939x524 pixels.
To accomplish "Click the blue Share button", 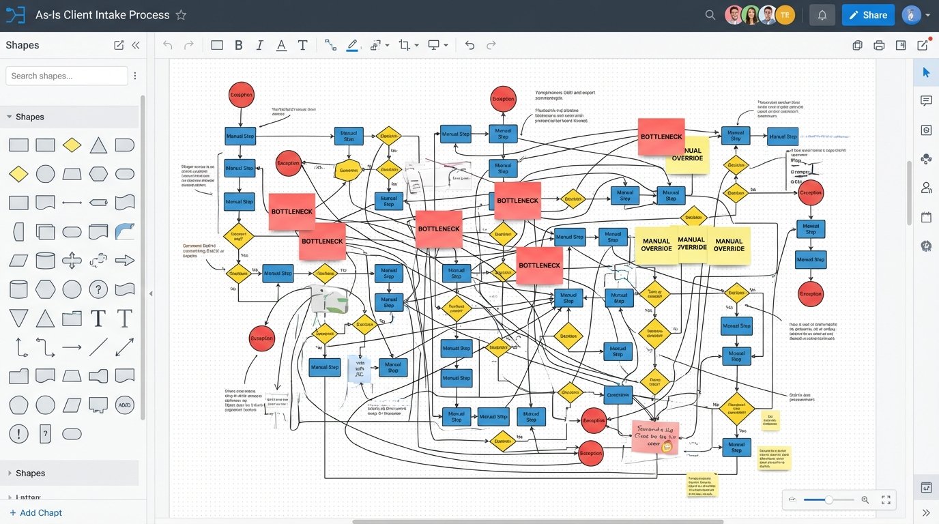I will tap(867, 15).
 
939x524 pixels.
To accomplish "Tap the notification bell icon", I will tap(822, 15).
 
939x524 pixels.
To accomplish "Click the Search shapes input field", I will tap(66, 76).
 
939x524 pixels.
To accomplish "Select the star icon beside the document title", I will tap(181, 15).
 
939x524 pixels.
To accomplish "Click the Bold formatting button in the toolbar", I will tap(238, 45).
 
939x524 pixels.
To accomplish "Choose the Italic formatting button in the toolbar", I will tap(259, 45).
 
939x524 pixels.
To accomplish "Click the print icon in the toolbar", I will tap(879, 46).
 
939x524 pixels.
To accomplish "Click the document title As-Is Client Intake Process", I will tap(102, 15).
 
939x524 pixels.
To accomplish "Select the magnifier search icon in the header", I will tap(710, 15).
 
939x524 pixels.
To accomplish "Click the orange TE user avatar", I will tap(785, 15).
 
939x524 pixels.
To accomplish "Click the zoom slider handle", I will tap(828, 500).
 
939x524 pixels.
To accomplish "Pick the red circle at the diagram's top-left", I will tap(241, 95).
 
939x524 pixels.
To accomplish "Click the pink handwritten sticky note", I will tap(654, 437).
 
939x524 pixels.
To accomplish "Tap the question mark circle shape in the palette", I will tap(98, 289).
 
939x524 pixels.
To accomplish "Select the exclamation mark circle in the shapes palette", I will tap(18, 433).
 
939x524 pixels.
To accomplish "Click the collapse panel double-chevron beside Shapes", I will tap(135, 45).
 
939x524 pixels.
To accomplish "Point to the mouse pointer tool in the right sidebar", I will tap(926, 72).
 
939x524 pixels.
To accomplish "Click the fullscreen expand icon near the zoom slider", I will tap(886, 500).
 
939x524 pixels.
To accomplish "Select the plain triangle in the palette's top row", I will tap(98, 145).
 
